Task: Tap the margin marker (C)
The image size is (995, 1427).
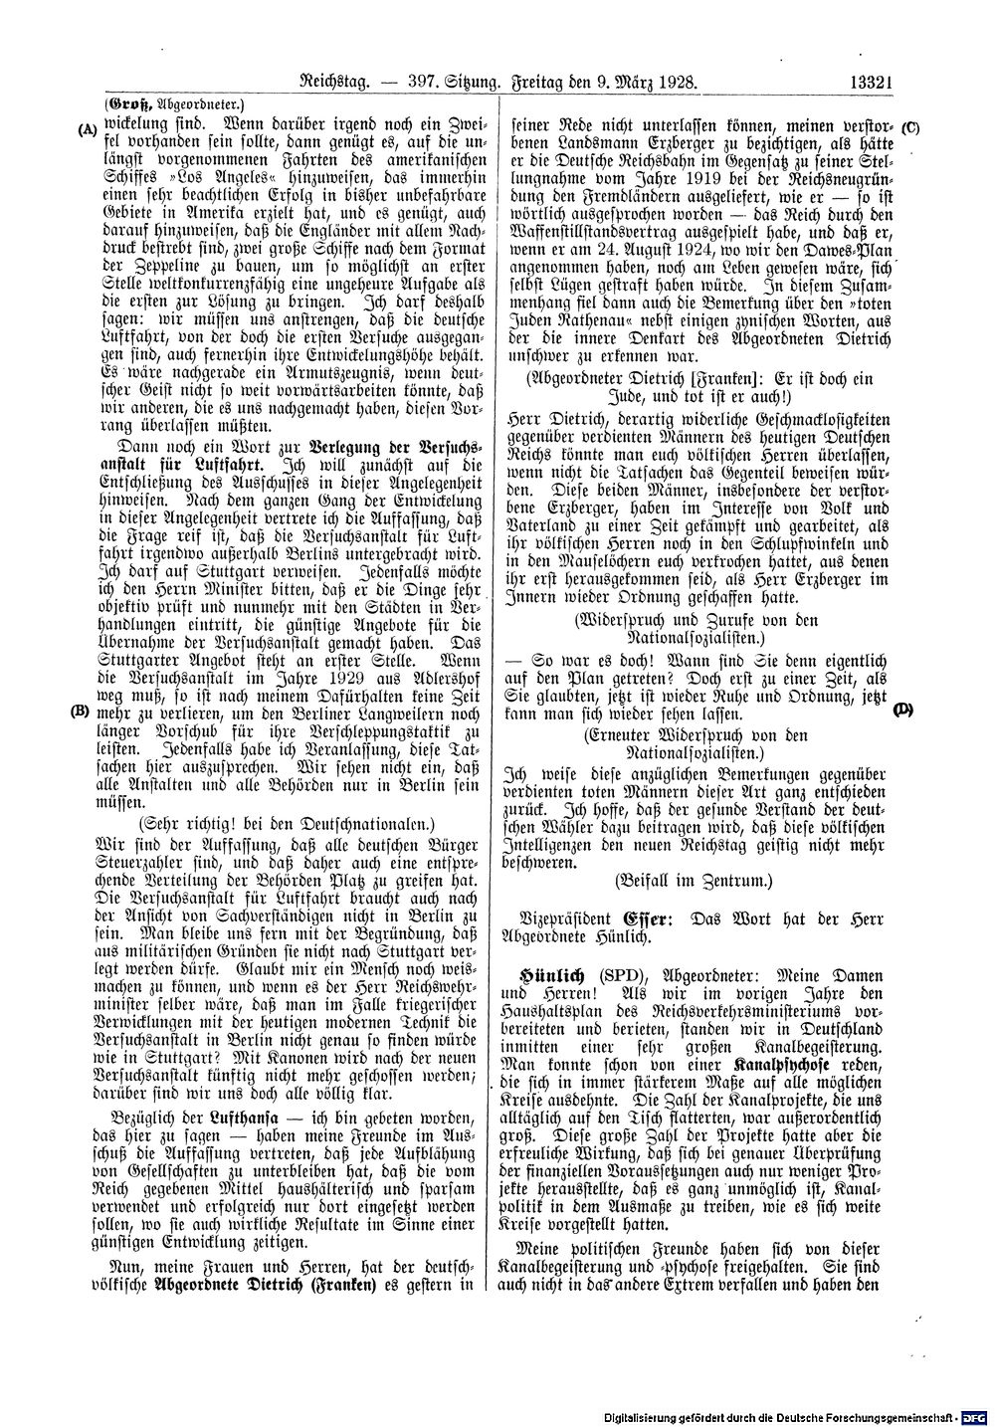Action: click(910, 127)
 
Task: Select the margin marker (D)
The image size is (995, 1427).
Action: click(903, 711)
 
